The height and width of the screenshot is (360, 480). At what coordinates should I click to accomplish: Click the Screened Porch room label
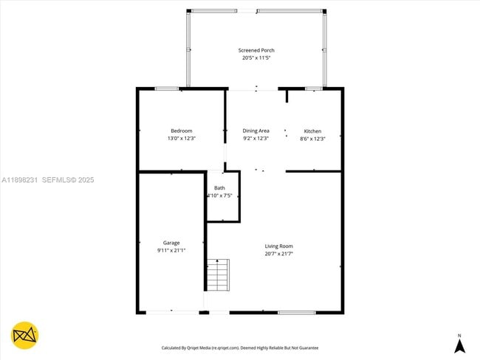coord(256,50)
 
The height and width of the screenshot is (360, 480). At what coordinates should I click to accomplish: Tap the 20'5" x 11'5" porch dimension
coord(256,58)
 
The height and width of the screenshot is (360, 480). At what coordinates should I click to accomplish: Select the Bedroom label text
coord(182,131)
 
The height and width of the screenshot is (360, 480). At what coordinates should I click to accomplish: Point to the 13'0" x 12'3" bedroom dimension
coord(182,138)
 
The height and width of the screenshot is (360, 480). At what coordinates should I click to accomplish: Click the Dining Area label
coord(256,131)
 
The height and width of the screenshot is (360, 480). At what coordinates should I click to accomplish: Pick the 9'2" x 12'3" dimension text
coord(256,138)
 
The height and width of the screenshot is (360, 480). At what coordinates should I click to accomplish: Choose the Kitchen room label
coord(312,131)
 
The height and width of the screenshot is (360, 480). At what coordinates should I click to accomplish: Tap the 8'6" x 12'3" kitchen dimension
coord(312,139)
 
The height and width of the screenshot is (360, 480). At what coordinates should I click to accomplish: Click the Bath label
coord(219,188)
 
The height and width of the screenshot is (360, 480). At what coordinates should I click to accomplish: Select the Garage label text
coord(171,243)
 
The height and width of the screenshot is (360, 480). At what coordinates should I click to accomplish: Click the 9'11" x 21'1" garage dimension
coord(171,250)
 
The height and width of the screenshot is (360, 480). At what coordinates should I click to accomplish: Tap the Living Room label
coord(279,246)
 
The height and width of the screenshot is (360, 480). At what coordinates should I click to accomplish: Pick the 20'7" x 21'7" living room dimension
coord(279,253)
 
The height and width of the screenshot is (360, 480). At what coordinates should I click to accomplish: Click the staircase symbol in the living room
coord(218,274)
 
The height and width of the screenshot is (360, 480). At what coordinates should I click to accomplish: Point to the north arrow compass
coord(459,343)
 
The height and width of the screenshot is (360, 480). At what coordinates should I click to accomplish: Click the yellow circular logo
coord(25,336)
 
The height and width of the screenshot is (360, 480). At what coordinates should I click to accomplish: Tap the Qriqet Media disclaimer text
coord(240,347)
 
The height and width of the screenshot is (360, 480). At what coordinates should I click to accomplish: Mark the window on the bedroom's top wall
coord(167,89)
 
